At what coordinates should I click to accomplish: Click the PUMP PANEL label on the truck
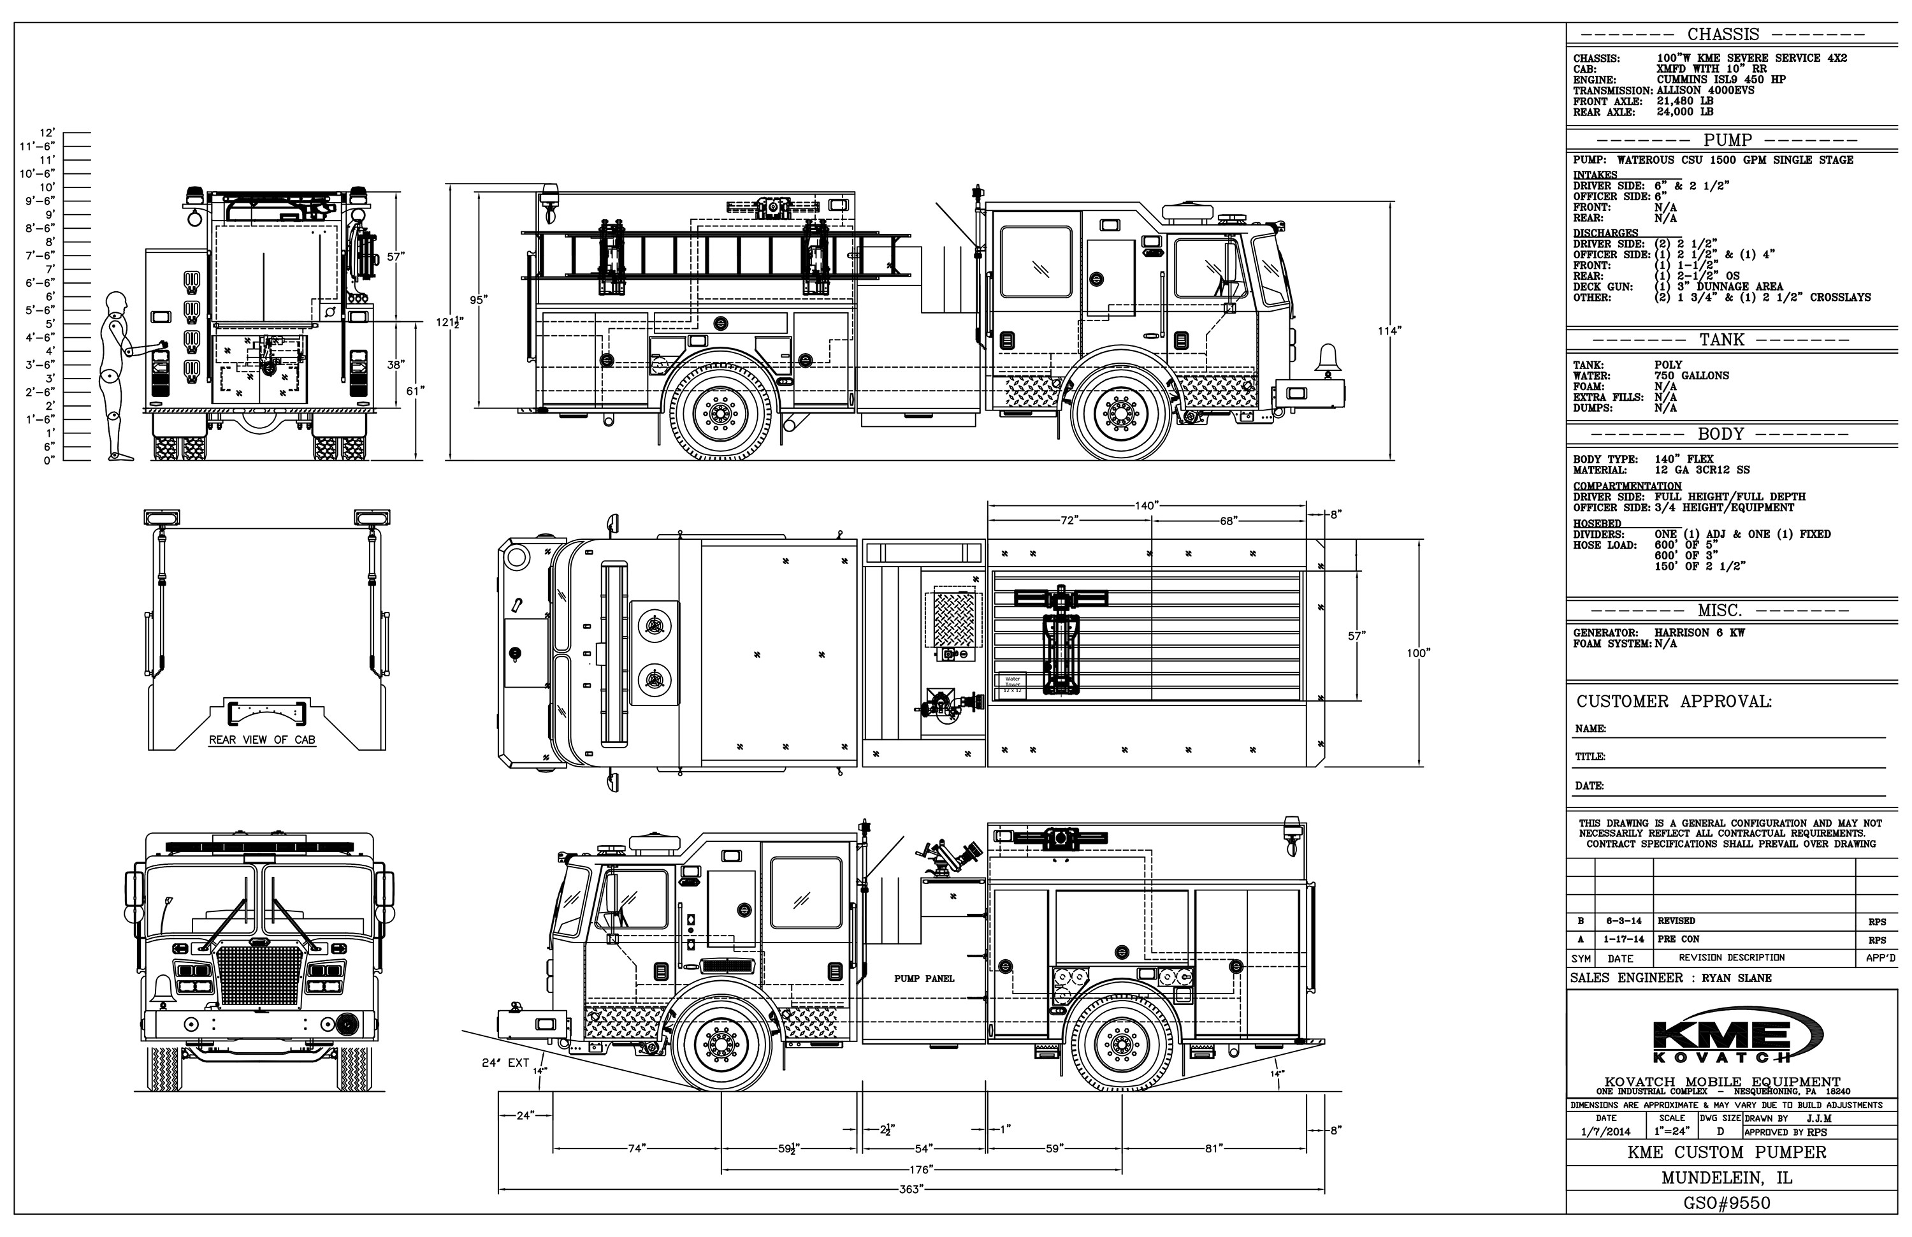click(x=924, y=978)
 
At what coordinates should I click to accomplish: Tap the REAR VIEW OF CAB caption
click(x=262, y=740)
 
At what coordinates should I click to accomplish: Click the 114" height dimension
click(x=1389, y=330)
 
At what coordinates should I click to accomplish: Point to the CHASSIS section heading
click(x=1723, y=34)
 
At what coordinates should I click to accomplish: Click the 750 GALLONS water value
click(x=1692, y=376)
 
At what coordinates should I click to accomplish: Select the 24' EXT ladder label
click(x=505, y=1062)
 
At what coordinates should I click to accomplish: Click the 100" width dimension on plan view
click(x=1418, y=653)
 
